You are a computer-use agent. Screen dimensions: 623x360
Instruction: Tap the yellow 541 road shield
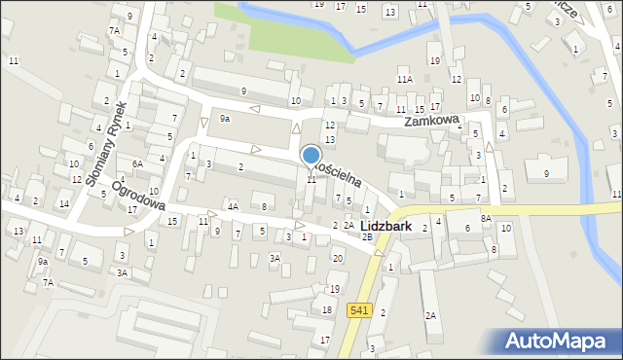tap(357, 310)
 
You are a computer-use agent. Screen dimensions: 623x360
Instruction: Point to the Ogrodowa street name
tap(138, 195)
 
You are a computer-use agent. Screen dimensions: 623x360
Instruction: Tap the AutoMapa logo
tap(561, 341)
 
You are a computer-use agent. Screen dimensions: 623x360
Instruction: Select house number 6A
tap(138, 163)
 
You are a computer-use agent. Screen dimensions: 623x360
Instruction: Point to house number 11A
tap(404, 79)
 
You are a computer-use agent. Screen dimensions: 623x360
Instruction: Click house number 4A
tap(233, 206)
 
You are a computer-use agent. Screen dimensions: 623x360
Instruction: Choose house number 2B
tap(367, 236)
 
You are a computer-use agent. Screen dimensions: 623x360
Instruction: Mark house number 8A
tap(486, 219)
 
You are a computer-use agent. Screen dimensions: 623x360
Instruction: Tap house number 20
tap(338, 258)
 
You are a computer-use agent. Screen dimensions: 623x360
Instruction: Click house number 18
tap(327, 309)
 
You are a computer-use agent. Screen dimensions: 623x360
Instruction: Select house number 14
tap(63, 203)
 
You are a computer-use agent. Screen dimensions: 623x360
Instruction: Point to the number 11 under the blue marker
tap(311, 179)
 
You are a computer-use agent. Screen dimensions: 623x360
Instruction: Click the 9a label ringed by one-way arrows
tap(225, 118)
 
